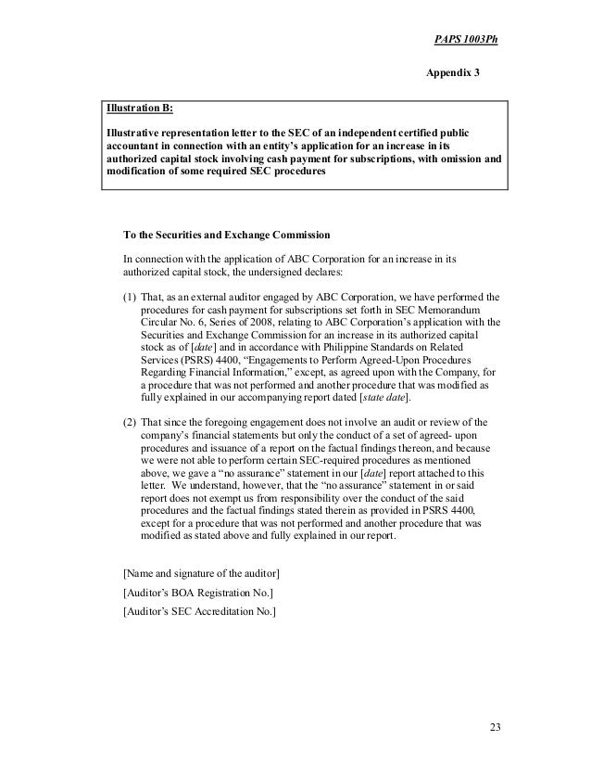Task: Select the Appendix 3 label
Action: [x=453, y=72]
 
